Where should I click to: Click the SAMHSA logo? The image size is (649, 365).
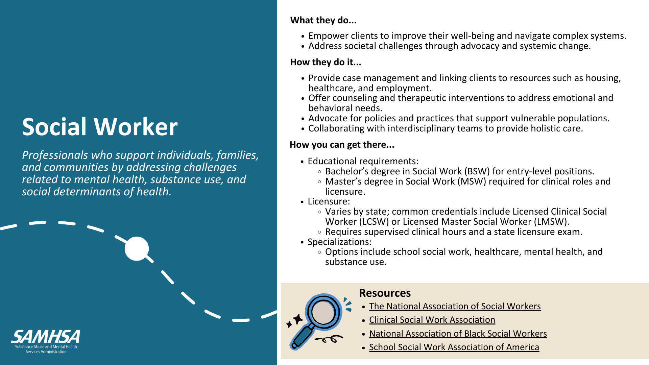(x=46, y=341)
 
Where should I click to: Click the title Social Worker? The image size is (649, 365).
(x=100, y=127)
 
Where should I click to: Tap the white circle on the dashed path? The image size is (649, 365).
(x=137, y=249)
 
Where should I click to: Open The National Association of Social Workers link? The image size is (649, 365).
(x=455, y=306)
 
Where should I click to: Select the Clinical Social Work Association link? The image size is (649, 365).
(x=432, y=320)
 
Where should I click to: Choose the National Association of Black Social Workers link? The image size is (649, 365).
(x=458, y=334)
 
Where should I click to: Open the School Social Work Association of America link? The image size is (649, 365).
(x=454, y=347)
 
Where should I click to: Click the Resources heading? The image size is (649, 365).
(x=385, y=293)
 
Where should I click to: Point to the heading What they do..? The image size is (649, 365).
(x=323, y=20)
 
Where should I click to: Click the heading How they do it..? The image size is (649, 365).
(x=326, y=62)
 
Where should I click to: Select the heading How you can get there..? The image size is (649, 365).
(x=342, y=145)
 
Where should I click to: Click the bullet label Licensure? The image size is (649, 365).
(x=329, y=201)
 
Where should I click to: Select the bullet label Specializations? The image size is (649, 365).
(x=339, y=242)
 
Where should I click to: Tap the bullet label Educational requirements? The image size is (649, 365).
(x=363, y=161)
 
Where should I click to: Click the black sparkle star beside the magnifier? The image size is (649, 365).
(x=297, y=319)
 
